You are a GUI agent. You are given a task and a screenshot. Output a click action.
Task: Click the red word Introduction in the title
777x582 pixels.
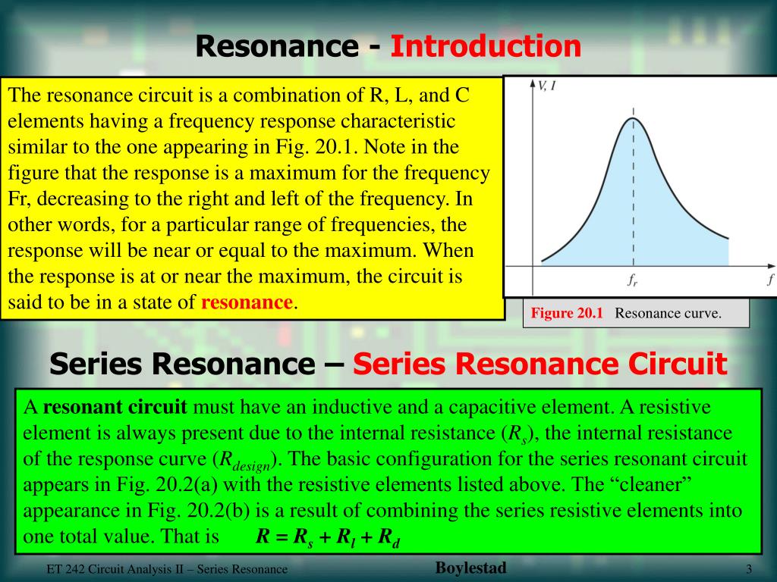point(486,47)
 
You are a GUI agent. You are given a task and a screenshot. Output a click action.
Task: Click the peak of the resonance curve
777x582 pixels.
point(633,117)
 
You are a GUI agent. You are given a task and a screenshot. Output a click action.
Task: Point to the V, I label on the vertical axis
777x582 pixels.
point(546,86)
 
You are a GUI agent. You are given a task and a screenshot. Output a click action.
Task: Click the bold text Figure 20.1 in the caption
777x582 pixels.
point(566,313)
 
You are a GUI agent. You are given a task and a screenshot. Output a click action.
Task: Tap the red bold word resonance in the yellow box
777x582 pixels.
point(247,302)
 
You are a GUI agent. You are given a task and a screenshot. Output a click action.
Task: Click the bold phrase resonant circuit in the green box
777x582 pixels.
point(115,407)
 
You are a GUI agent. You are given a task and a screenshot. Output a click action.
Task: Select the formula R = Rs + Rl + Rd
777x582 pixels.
point(327,537)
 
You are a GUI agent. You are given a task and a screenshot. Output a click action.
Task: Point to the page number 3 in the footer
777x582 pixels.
point(749,569)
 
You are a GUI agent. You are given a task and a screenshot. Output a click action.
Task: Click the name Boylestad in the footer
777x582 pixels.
point(470,568)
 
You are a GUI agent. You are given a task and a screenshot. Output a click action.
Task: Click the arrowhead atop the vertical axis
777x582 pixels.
point(533,83)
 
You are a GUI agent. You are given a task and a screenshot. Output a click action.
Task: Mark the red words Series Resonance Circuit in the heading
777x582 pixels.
point(539,365)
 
